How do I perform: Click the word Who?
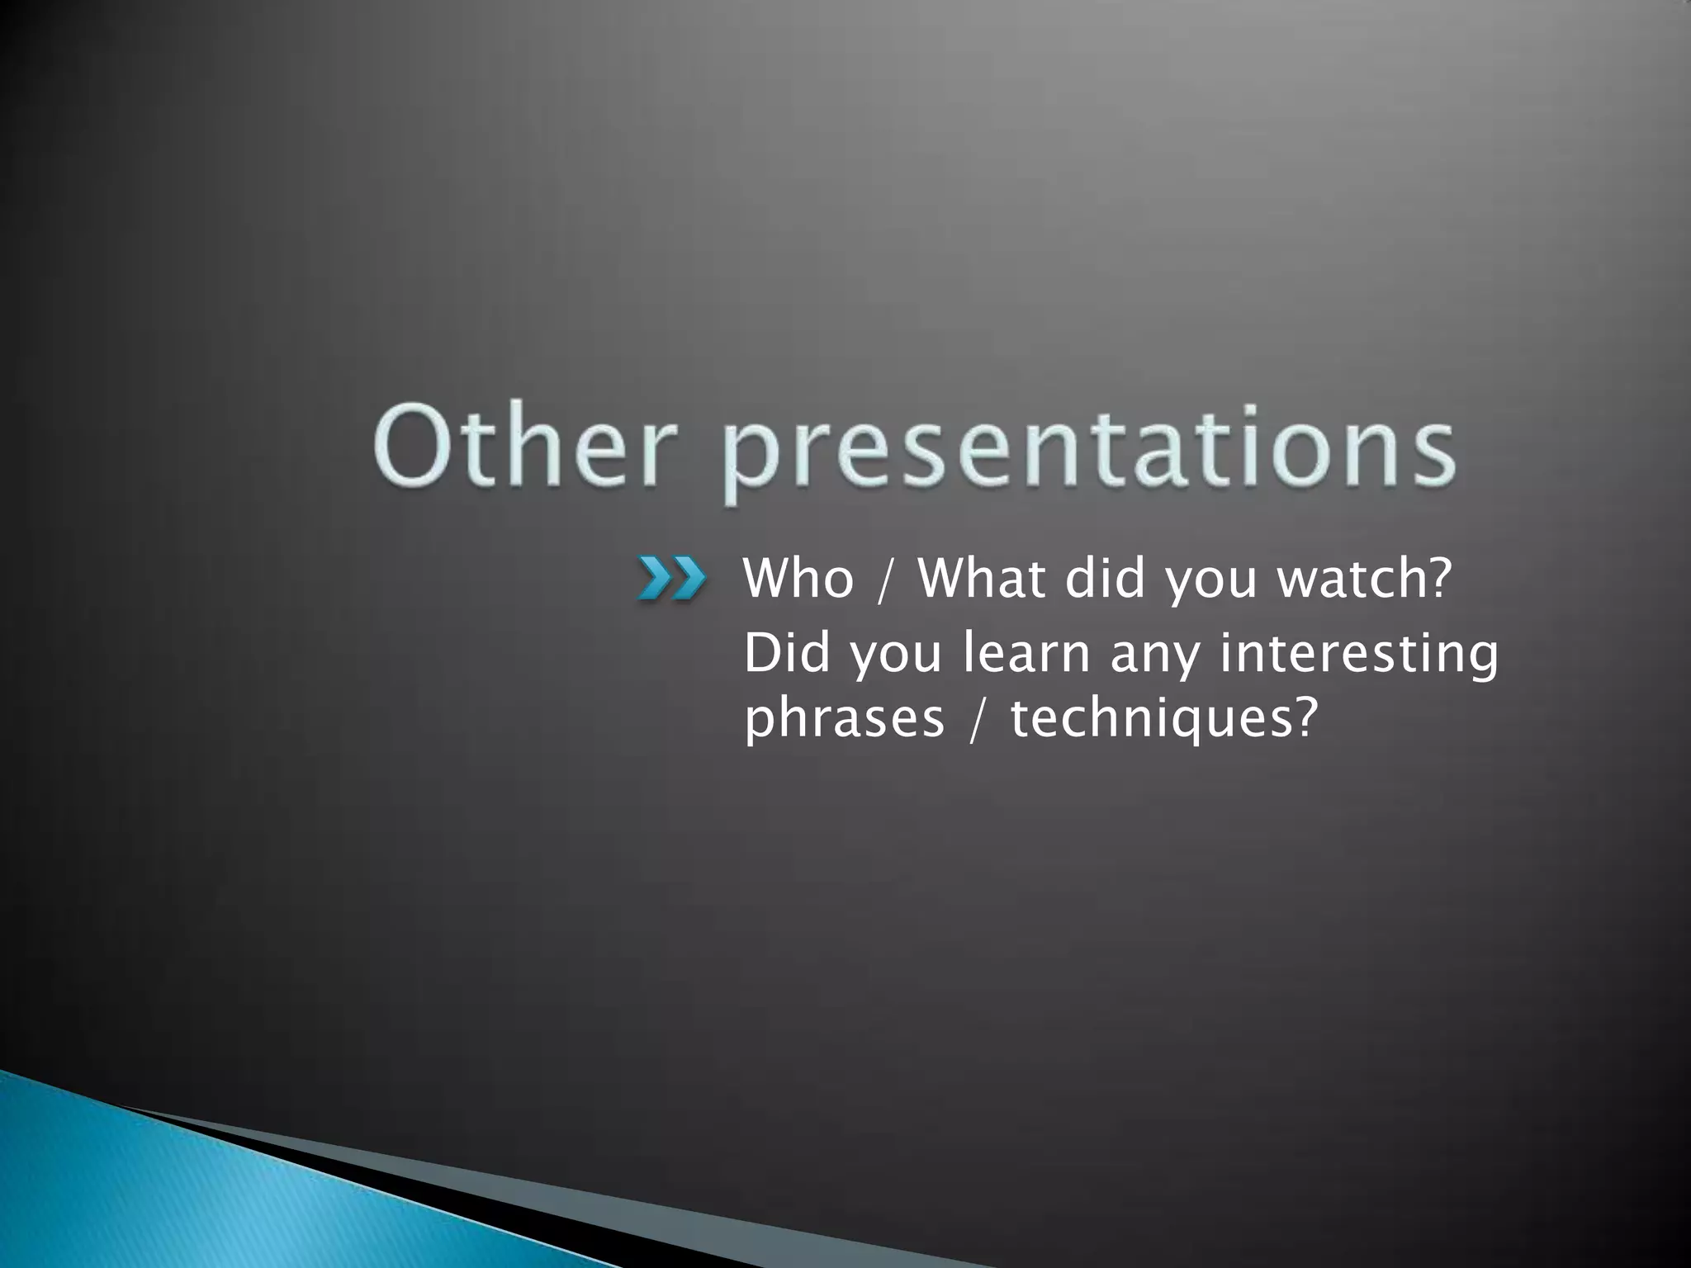pos(798,578)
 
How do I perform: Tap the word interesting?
pos(1358,655)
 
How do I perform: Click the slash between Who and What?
pos(886,580)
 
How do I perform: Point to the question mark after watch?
pos(1437,578)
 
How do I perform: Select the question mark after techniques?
pos(1299,717)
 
